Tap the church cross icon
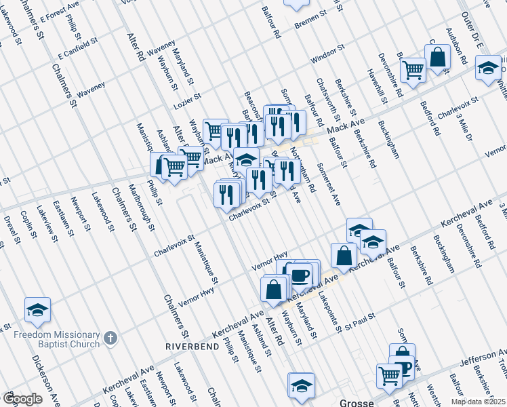coord(111,337)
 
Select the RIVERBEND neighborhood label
coord(192,346)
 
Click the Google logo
coord(22,399)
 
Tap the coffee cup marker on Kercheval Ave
coord(299,275)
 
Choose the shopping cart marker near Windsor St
coord(412,69)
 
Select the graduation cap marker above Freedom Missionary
coord(37,310)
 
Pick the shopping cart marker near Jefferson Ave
coord(389,374)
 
